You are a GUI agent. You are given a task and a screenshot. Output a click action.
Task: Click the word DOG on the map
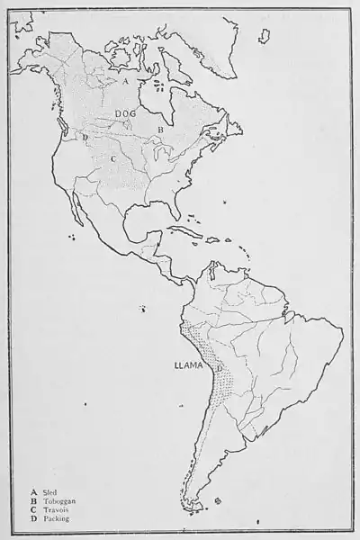point(126,112)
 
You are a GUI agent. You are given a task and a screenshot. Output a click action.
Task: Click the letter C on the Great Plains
point(113,158)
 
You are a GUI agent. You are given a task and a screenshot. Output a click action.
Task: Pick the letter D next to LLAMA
point(219,369)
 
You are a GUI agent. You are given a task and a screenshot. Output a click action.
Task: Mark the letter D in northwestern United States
point(85,138)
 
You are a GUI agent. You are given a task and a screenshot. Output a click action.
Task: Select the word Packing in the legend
point(55,519)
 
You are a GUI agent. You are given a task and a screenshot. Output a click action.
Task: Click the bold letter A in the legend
point(33,492)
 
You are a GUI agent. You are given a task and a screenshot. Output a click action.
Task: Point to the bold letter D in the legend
point(33,519)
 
